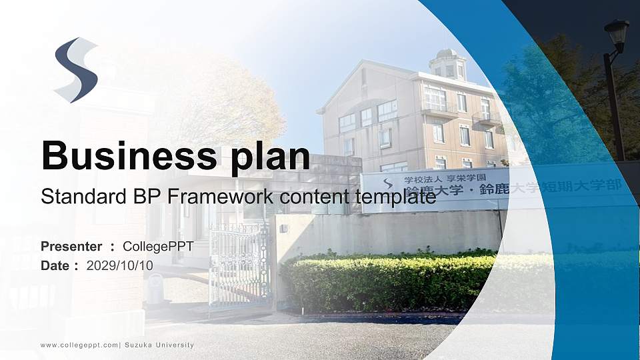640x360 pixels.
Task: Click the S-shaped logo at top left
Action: [x=75, y=70]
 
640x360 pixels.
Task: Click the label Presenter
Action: [x=71, y=247]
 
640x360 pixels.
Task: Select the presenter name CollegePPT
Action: [x=158, y=247]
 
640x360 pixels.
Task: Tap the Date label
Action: [x=55, y=265]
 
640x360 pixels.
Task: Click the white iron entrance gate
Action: [x=239, y=267]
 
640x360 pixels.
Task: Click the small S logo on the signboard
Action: [x=386, y=183]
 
